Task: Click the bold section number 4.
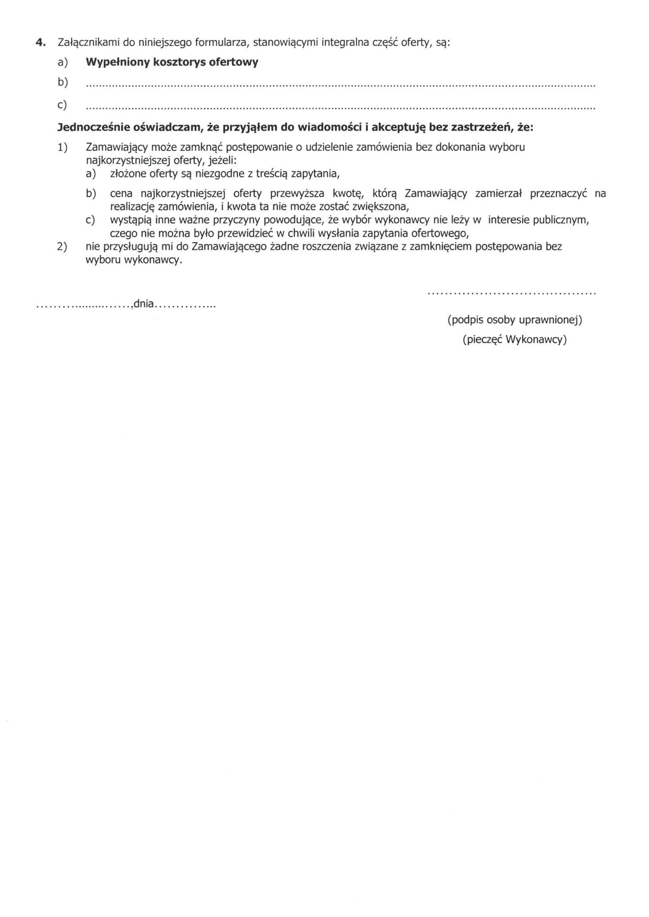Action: coord(40,43)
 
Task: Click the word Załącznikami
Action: coord(86,43)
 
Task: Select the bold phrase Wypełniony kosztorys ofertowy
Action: coord(172,62)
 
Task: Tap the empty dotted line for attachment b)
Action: coord(340,85)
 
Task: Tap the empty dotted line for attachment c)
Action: coord(340,108)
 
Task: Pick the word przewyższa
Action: coord(297,193)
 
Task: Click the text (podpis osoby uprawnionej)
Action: coord(515,320)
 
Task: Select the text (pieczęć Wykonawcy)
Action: coord(515,340)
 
